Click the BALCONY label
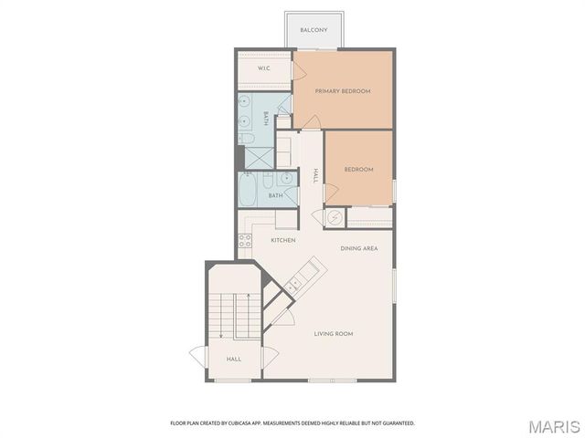click(x=314, y=30)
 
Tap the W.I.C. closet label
click(x=263, y=68)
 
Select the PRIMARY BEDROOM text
click(x=343, y=91)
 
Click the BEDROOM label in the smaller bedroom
click(x=358, y=169)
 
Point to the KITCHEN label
click(x=283, y=240)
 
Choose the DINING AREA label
click(x=359, y=248)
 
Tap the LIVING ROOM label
click(x=334, y=334)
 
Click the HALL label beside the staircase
click(x=233, y=360)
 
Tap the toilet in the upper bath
click(x=246, y=139)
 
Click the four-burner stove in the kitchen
click(x=245, y=241)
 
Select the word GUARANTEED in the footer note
click(x=394, y=422)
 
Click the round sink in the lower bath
click(x=285, y=179)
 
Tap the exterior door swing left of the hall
click(x=197, y=356)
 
